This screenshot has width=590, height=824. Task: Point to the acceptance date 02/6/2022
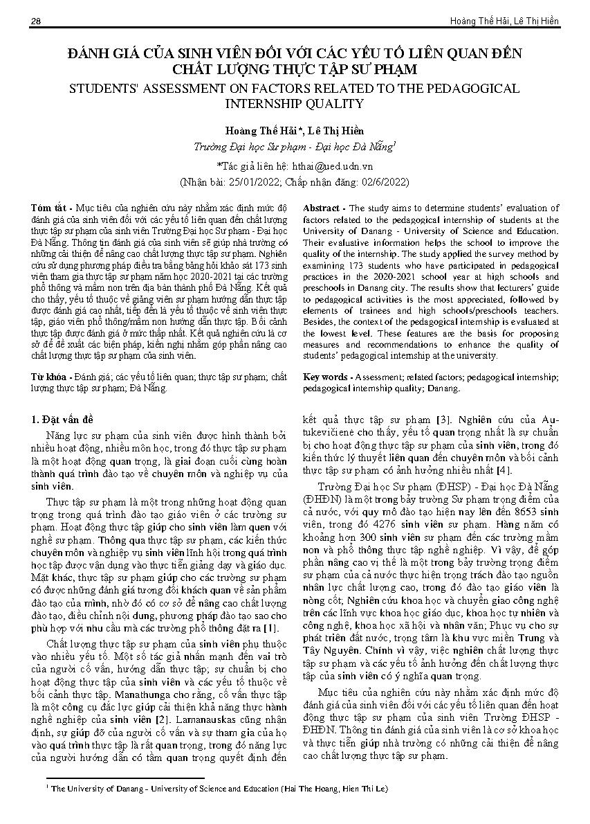381,182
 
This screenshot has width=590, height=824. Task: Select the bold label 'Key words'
326,377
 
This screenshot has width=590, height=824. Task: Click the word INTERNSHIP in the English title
259,104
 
